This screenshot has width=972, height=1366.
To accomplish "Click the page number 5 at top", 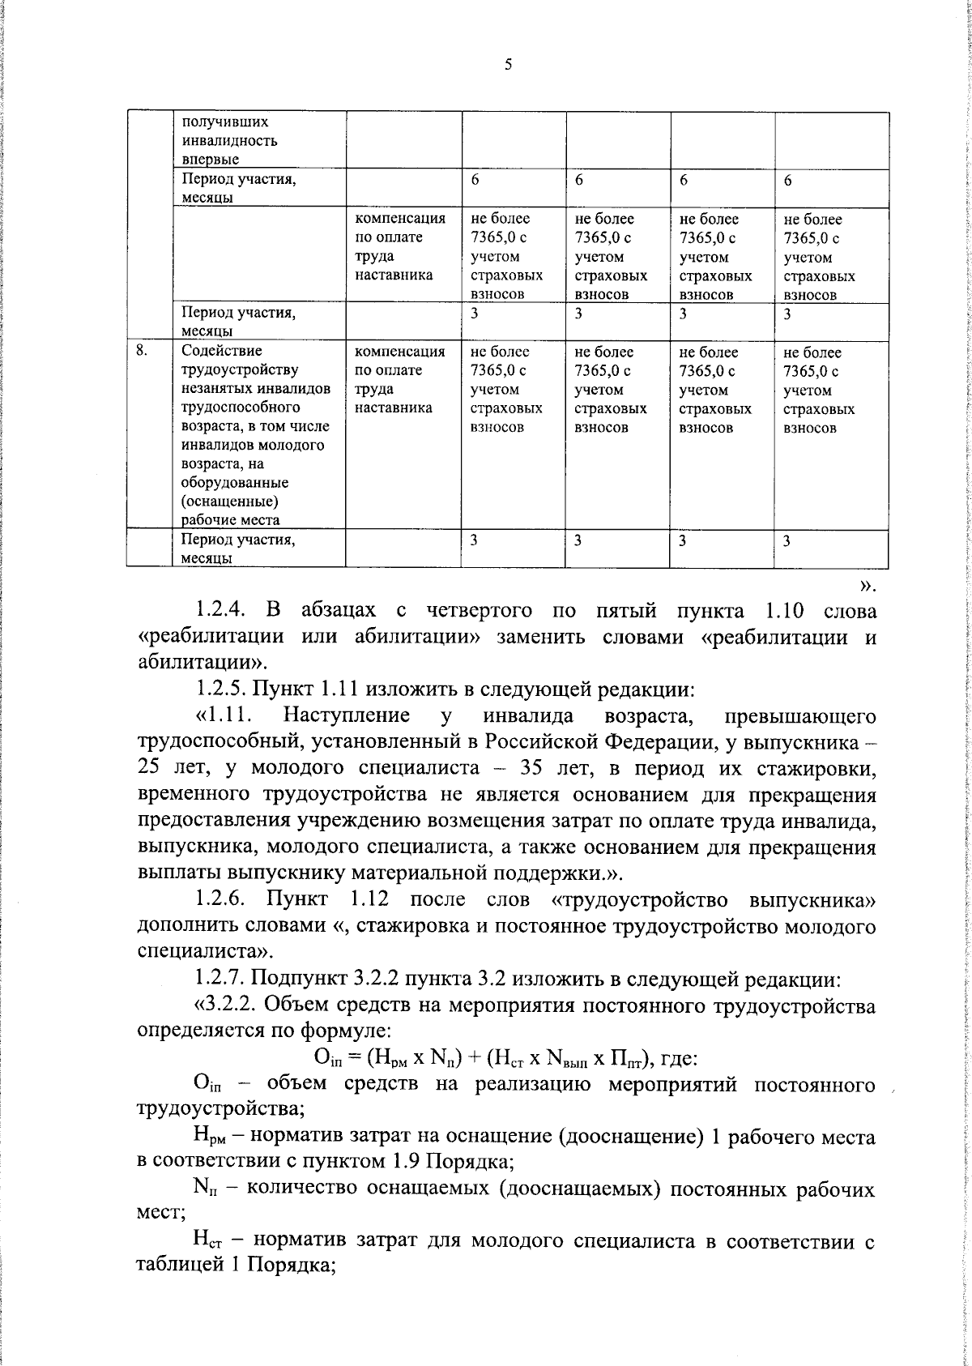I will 508,66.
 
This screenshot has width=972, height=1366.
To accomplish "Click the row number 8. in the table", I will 141,351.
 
